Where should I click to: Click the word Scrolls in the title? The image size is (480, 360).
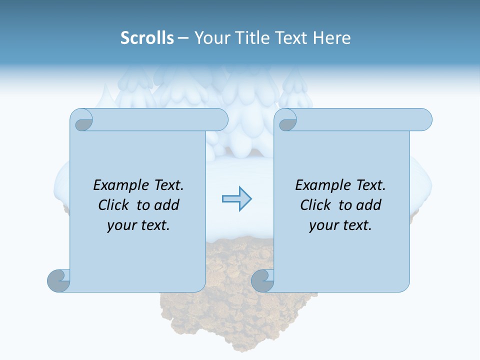[x=147, y=38]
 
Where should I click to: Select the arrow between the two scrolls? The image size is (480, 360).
[x=236, y=199]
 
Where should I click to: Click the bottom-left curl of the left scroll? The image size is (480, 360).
[x=58, y=281]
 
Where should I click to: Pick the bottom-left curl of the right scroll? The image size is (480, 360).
[x=262, y=281]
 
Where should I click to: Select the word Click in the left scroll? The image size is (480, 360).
[x=114, y=205]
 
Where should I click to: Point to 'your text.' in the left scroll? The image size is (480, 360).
[x=138, y=225]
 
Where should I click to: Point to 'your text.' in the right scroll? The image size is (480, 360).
[x=340, y=225]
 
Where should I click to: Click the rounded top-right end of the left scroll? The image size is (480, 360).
[x=220, y=120]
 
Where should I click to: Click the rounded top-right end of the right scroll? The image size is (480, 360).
[x=424, y=120]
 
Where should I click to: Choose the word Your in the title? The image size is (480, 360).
[x=210, y=38]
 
